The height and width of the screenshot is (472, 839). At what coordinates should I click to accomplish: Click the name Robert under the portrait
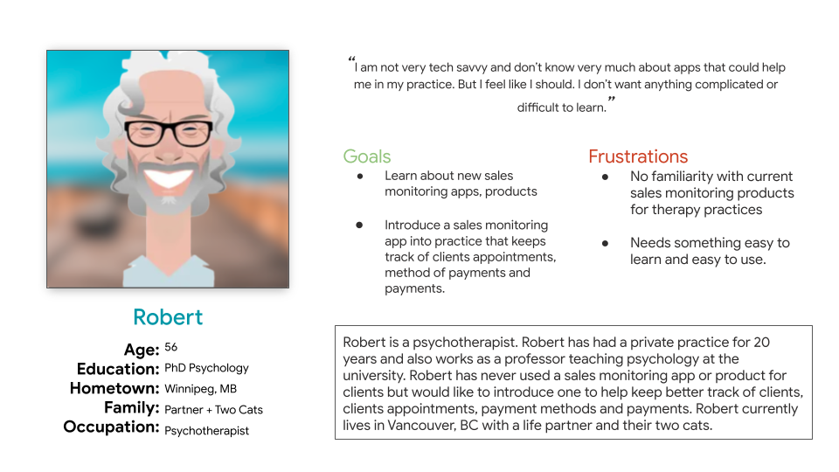[168, 317]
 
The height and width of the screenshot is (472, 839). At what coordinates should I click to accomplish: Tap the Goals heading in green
[367, 156]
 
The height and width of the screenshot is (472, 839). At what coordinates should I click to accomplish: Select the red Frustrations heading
[638, 156]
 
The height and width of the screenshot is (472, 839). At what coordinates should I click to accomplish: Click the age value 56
[170, 347]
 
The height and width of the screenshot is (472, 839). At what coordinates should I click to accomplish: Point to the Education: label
[118, 369]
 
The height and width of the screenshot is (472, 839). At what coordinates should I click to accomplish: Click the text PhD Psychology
[206, 368]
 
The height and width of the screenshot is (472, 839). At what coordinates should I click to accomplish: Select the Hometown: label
[114, 388]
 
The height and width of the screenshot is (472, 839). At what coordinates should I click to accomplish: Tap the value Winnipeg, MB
[201, 389]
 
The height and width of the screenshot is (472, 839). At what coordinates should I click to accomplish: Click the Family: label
[132, 408]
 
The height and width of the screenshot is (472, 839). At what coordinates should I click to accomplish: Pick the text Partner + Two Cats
[213, 410]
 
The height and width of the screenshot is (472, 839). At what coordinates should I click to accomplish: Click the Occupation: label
[111, 427]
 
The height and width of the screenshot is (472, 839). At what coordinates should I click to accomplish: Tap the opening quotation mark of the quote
[351, 59]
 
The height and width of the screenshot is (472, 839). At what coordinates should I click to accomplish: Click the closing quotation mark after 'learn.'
[612, 99]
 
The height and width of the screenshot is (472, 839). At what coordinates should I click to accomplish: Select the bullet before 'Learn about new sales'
[360, 176]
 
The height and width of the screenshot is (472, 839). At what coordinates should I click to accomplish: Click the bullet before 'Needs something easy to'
[605, 243]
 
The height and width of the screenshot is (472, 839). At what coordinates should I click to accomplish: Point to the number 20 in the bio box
[761, 342]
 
